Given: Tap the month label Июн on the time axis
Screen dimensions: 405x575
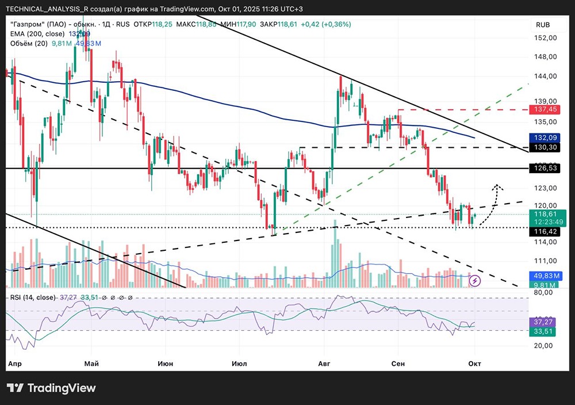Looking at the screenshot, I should pyautogui.click(x=165, y=364).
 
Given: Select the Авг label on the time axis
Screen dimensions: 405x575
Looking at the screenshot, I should pyautogui.click(x=325, y=364).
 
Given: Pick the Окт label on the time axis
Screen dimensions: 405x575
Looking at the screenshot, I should pyautogui.click(x=474, y=364).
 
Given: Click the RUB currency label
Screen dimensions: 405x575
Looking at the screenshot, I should pyautogui.click(x=543, y=25).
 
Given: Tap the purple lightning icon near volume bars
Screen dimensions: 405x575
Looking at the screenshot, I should pyautogui.click(x=476, y=281).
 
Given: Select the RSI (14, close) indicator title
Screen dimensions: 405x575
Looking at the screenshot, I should pyautogui.click(x=32, y=297).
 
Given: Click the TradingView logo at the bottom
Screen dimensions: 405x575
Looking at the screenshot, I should pyautogui.click(x=52, y=388).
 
